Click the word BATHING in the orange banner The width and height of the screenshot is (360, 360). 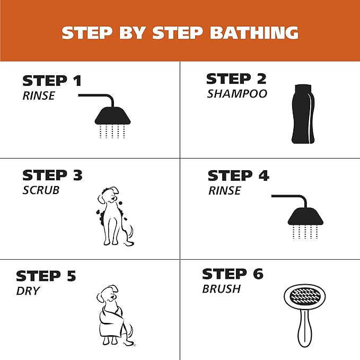coord(254,33)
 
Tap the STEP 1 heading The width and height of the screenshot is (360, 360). coord(52,81)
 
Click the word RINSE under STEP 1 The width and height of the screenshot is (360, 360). coord(39,95)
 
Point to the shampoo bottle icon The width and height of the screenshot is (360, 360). coord(303,114)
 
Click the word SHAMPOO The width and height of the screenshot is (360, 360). coord(237,94)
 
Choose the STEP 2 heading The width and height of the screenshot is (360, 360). coord(236,79)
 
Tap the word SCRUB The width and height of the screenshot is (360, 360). coord(41,190)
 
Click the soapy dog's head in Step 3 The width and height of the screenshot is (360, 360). coord(108,195)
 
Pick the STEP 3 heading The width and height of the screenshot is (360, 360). coord(52,175)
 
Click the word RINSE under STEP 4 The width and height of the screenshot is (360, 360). coord(225,190)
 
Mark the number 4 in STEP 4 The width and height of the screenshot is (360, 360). coord(264,176)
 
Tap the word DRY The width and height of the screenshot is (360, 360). coord(28,291)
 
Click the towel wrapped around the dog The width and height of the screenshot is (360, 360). coord(111,321)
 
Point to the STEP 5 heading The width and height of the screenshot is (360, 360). coord(46,276)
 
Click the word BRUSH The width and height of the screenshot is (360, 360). coord(221,289)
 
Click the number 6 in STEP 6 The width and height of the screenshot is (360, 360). coord(258,274)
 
